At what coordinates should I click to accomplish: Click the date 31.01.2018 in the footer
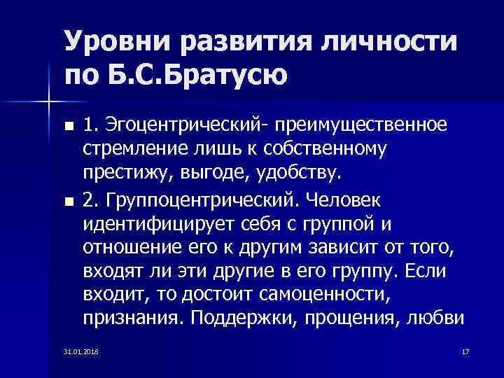pos(80,350)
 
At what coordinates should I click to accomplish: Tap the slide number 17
pos(465,350)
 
